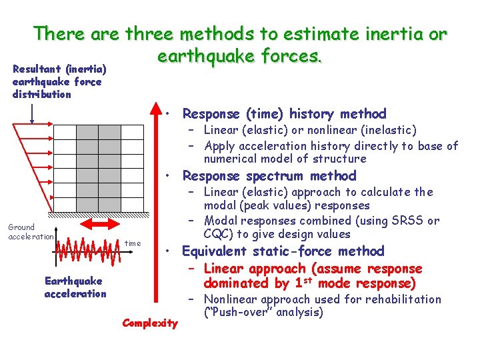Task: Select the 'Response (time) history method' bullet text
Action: [x=284, y=114]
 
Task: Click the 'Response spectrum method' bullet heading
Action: [x=269, y=176]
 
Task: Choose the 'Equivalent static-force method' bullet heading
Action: [x=283, y=251]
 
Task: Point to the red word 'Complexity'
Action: [x=150, y=323]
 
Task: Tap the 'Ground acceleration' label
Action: [x=30, y=232]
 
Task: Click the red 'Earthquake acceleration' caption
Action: [x=75, y=287]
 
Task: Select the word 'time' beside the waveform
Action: [x=133, y=243]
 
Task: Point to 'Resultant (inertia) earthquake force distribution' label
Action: [x=57, y=81]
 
